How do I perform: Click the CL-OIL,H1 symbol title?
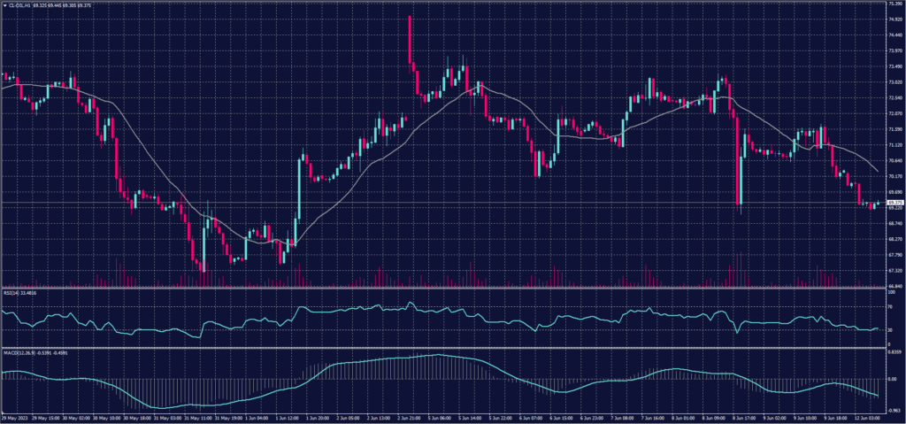pyautogui.click(x=19, y=4)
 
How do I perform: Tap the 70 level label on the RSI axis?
pyautogui.click(x=890, y=305)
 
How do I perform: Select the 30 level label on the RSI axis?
pyautogui.click(x=890, y=330)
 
